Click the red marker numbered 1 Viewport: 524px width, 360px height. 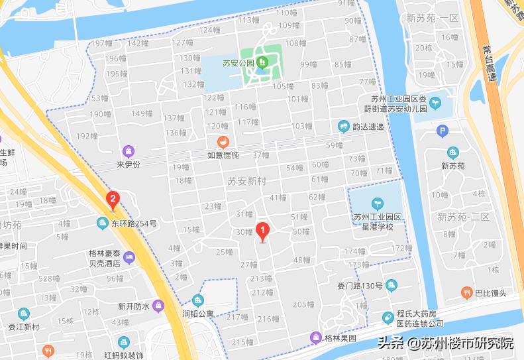[x=263, y=232]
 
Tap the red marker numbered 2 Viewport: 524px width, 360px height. [x=113, y=198]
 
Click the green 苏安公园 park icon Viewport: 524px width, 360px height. [x=263, y=64]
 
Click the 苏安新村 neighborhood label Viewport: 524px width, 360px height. [x=246, y=180]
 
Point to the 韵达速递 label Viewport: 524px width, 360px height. [x=368, y=127]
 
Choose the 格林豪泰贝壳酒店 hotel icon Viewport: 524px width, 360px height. [x=129, y=257]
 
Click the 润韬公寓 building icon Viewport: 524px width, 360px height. [x=197, y=300]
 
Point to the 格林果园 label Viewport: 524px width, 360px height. [x=340, y=338]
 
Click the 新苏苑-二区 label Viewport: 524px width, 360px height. [x=463, y=217]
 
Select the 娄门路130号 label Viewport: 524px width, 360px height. [x=355, y=286]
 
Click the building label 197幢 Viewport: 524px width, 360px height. [x=102, y=43]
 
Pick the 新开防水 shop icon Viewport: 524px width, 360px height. [x=158, y=306]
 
